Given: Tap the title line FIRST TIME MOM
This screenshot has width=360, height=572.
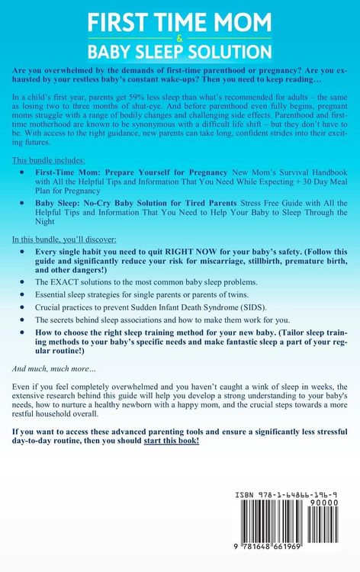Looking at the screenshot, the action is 180,23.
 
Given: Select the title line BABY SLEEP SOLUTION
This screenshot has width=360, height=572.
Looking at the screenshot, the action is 180,52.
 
